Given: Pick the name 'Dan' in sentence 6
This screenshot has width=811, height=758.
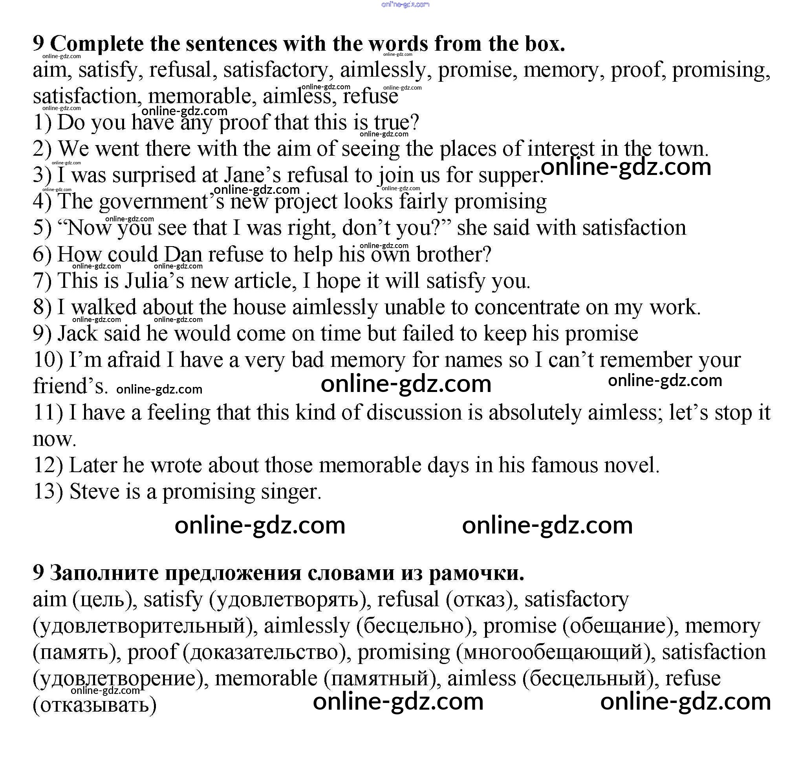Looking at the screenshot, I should pos(183,254).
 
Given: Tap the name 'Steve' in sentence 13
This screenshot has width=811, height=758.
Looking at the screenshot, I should pos(94,492).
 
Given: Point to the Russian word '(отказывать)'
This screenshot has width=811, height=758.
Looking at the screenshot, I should pos(95,705).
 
